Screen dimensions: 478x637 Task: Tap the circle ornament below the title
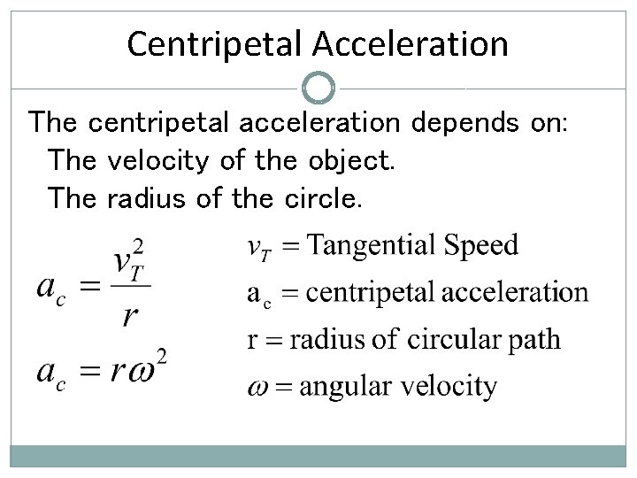click(318, 88)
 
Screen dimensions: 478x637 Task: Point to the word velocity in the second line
click(157, 161)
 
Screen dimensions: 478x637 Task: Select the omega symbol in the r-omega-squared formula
click(143, 371)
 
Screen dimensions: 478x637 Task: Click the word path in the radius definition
click(534, 339)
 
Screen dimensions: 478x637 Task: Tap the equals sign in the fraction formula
click(86, 286)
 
